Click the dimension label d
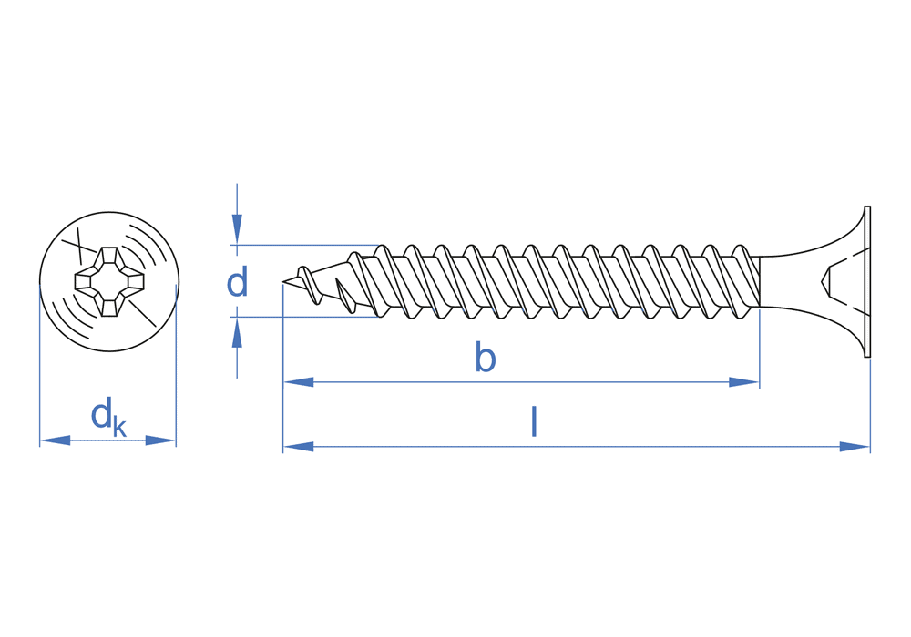click(x=237, y=283)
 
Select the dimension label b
click(x=486, y=359)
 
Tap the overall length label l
click(x=534, y=422)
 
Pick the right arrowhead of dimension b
click(x=744, y=382)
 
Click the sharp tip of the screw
click(x=284, y=284)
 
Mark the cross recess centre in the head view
click(x=109, y=282)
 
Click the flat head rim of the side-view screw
click(x=867, y=282)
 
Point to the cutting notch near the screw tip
click(x=345, y=297)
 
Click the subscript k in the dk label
click(x=119, y=427)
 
